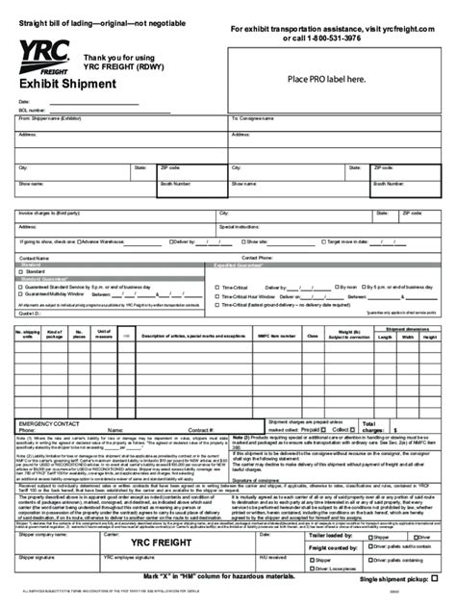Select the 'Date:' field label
25,101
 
